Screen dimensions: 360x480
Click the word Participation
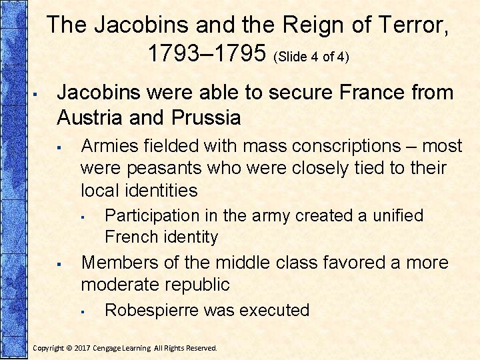coord(153,216)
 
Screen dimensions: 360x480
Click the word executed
coord(274,310)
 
